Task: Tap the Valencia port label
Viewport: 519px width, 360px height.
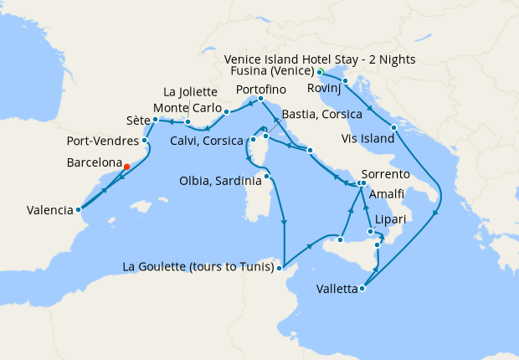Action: tap(39, 210)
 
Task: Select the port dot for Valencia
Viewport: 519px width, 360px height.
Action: tap(78, 210)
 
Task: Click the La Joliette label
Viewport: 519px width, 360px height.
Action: tap(191, 91)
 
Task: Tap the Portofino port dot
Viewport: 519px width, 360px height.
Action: tap(260, 100)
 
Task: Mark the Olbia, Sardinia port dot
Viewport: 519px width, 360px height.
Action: tap(267, 176)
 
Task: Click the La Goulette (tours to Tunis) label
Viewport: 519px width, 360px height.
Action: tap(198, 268)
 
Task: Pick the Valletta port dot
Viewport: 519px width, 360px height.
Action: tap(362, 290)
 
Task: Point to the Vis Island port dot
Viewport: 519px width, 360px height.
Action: tap(393, 126)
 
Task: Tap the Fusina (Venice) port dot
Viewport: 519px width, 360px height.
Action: tap(321, 72)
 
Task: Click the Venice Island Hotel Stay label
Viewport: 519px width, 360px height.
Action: tap(321, 59)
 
